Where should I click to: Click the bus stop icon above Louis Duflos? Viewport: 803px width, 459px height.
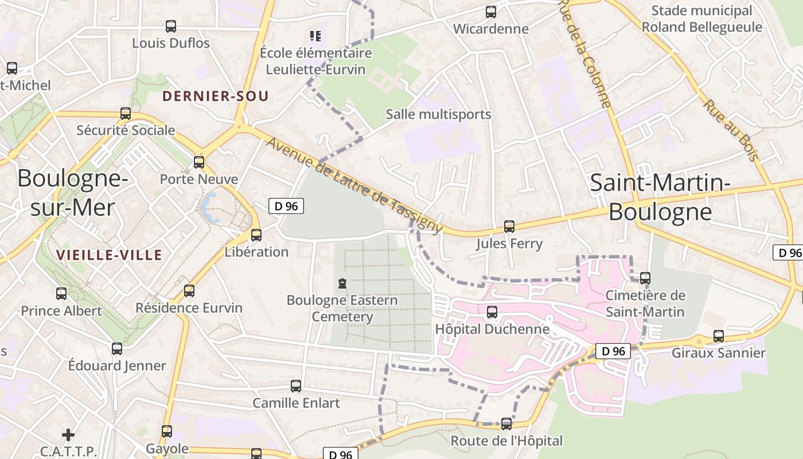170,26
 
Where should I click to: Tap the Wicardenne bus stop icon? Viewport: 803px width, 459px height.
490,12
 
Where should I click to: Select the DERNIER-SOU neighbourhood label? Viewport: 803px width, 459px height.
215,96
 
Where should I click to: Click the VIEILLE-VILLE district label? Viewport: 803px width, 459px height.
109,255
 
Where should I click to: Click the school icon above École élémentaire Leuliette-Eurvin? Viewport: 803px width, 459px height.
315,36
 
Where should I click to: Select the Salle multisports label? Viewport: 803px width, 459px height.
438,114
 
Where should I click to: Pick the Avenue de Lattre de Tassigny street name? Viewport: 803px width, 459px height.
354,185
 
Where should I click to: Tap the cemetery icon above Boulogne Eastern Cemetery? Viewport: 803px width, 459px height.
342,283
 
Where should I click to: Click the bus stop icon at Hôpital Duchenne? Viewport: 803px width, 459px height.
492,312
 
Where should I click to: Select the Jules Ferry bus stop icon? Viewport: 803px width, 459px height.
509,227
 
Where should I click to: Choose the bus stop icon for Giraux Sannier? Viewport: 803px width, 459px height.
718,336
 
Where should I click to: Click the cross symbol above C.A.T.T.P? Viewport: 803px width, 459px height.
68,434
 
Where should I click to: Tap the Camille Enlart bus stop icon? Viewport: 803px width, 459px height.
296,386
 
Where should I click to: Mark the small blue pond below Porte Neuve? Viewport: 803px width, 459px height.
208,208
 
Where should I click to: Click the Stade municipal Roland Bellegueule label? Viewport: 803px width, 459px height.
701,19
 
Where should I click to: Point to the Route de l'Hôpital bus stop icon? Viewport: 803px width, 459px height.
506,424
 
